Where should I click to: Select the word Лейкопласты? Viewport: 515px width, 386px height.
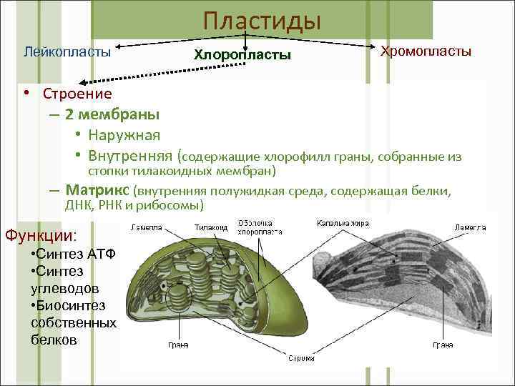click(x=67, y=52)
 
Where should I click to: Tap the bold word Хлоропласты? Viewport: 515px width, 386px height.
click(x=242, y=54)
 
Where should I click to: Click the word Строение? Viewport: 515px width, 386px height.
click(x=77, y=94)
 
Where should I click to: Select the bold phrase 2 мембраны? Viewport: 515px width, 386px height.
click(x=112, y=114)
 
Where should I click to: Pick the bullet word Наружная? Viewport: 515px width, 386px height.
click(x=124, y=135)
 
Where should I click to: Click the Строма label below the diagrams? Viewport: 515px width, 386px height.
click(x=301, y=358)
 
